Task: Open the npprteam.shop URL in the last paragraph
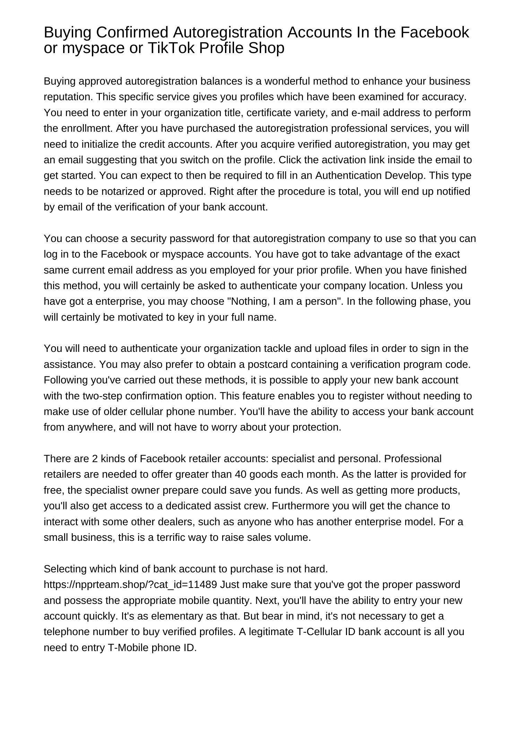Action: pos(130,585)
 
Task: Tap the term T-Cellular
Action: pos(319,632)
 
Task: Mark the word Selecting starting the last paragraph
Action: pos(65,569)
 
